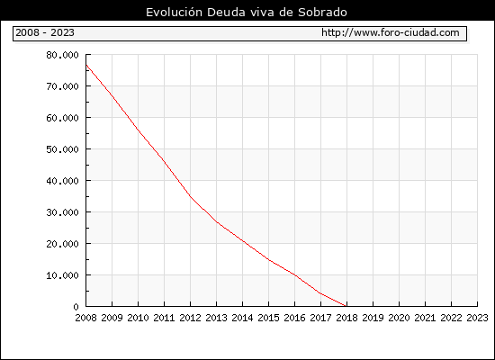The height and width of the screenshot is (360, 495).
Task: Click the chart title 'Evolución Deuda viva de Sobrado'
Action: point(247,13)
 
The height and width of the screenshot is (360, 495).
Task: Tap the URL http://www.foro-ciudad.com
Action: point(391,32)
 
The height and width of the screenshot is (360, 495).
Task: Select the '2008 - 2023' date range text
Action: point(45,32)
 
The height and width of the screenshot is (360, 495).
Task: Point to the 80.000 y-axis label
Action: point(62,55)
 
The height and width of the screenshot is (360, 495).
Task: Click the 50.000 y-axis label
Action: point(62,149)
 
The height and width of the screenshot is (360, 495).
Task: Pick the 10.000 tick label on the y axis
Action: point(62,275)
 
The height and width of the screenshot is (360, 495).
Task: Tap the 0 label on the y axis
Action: point(76,307)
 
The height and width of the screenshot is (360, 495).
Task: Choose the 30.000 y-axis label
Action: point(62,212)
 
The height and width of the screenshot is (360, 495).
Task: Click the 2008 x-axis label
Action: point(85,318)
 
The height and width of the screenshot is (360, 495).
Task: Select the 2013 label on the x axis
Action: point(216,318)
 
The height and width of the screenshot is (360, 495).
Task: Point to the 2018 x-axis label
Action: point(346,318)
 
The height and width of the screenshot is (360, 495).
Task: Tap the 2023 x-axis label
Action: point(477,318)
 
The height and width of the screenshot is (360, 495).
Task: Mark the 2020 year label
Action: point(399,318)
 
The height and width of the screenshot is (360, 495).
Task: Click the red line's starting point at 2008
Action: point(86,65)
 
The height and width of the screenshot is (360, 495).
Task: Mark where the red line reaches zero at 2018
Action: point(346,306)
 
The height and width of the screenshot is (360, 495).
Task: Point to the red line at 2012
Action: point(191,196)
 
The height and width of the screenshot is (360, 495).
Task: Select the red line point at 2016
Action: point(295,274)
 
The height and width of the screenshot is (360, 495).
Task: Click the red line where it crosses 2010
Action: point(139,130)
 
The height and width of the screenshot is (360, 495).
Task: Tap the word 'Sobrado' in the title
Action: point(322,13)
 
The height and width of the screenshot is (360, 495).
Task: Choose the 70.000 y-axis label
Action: point(62,86)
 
